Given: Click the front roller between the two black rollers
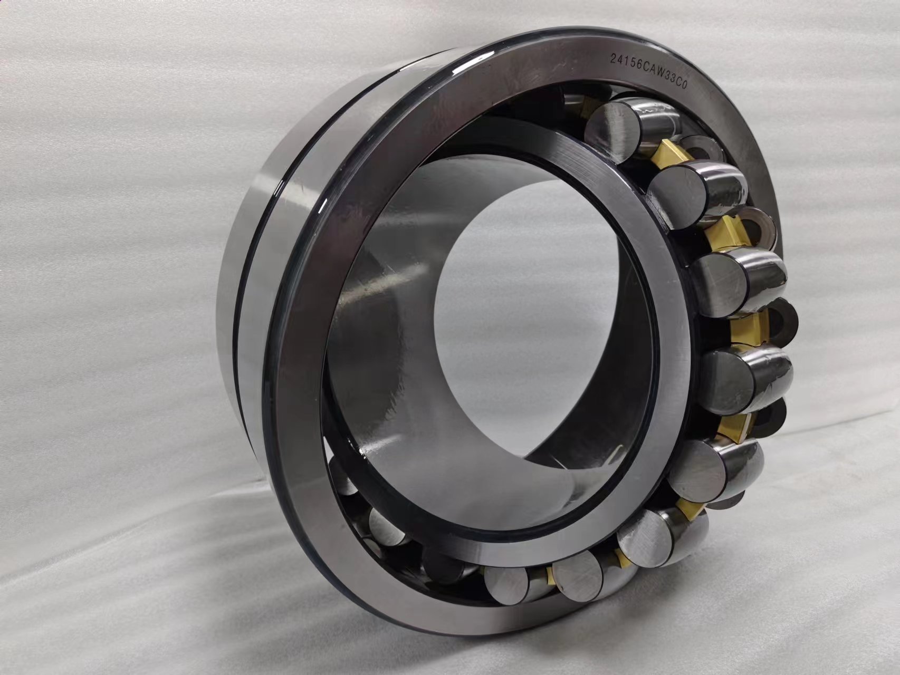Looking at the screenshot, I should [728, 377].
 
